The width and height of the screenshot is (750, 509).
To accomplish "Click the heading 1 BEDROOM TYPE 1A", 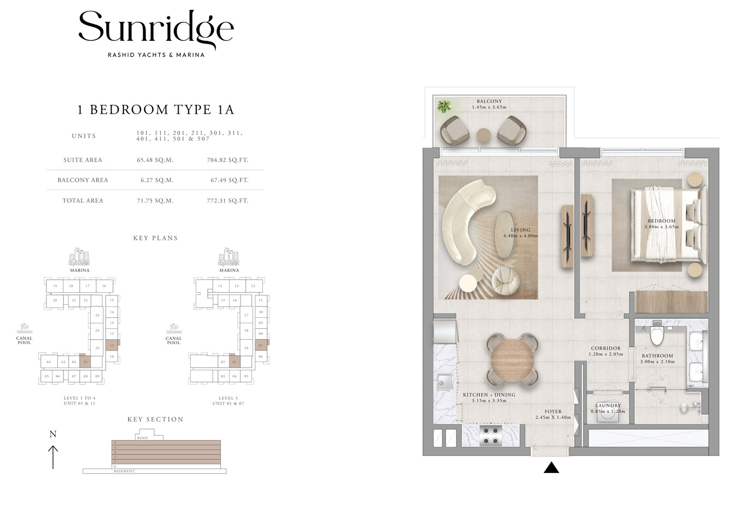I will point(156,110).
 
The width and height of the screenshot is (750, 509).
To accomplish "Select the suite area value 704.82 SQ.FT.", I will point(227,160).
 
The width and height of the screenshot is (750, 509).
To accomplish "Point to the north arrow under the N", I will point(53,457).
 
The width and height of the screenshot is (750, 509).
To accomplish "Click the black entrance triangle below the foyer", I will point(552,467).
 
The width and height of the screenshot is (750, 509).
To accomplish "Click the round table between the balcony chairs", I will point(484,135).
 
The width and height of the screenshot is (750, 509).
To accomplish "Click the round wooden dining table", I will point(512,360).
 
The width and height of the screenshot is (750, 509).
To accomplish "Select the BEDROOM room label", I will point(661,221).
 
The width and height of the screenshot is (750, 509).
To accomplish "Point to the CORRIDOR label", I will point(606,348).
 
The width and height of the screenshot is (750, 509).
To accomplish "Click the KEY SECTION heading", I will point(155,419).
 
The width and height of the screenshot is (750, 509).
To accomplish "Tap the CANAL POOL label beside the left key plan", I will point(24,340).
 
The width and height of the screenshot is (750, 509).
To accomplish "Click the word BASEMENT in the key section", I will point(124,471).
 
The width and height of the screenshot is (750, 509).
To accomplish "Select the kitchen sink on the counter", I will point(444,383).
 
